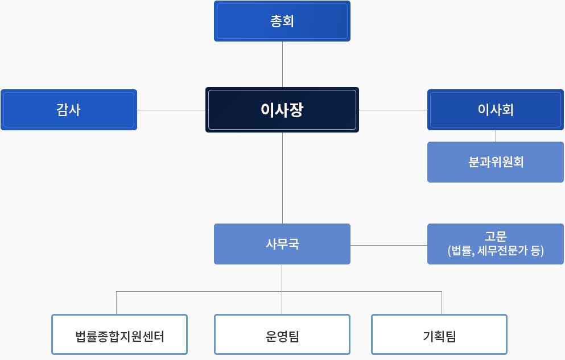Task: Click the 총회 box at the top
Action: coord(282,21)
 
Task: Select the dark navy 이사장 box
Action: coord(282,110)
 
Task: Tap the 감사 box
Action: coord(69,110)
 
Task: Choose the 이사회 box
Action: coord(496,110)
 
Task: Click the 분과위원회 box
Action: coord(496,162)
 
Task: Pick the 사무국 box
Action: coord(282,244)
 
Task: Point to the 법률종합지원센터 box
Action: coord(119,334)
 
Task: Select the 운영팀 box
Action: coord(282,334)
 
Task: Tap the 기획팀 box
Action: coord(439,334)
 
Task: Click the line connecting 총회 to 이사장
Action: coord(282,64)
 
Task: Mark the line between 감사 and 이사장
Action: coord(171,110)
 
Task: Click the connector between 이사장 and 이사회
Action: coord(393,110)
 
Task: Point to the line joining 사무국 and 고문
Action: coord(389,246)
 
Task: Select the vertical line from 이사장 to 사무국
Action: coord(282,178)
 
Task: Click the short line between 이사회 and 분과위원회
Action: coord(496,136)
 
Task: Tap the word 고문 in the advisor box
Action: coord(496,237)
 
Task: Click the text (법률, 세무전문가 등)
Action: coord(496,251)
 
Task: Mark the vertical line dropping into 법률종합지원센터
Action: coord(117,303)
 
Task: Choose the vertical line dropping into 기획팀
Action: coord(442,303)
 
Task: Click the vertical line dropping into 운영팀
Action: coord(282,289)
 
